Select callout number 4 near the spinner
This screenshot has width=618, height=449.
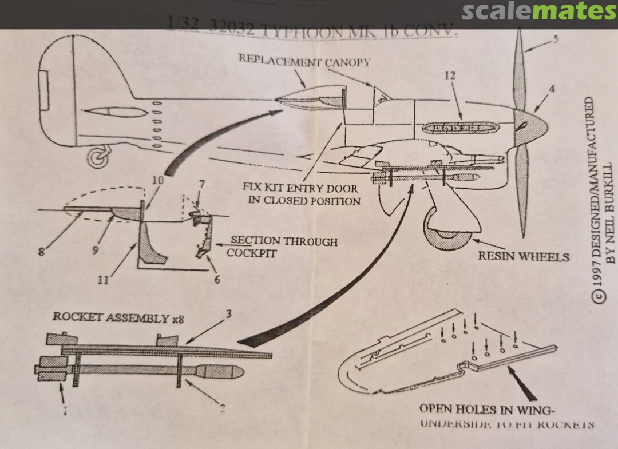(552, 89)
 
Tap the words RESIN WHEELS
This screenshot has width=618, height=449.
(524, 256)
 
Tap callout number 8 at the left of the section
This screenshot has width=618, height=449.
(42, 250)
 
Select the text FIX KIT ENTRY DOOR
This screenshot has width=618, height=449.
(301, 188)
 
